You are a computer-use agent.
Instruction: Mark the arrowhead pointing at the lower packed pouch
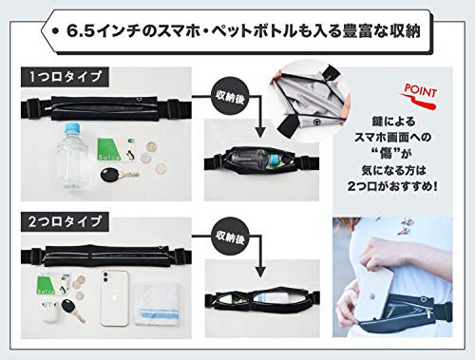pos(262,275)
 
